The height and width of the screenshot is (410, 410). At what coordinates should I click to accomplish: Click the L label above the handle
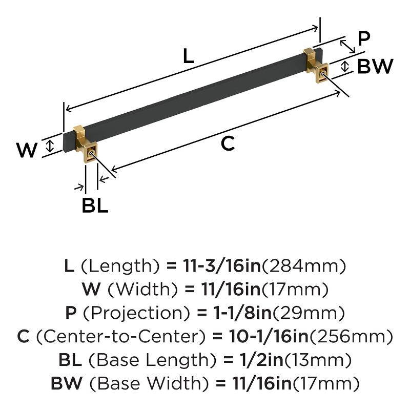tap(189, 56)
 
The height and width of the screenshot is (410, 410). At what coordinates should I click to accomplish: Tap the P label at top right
tap(363, 38)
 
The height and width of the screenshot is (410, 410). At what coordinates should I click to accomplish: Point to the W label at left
tap(27, 150)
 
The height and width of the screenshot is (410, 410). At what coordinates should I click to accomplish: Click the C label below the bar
tap(227, 144)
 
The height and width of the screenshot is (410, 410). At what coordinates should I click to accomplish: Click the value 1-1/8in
tap(237, 313)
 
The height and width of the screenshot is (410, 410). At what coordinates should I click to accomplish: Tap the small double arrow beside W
tap(50, 146)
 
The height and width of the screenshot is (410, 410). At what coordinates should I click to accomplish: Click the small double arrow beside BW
tap(345, 66)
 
